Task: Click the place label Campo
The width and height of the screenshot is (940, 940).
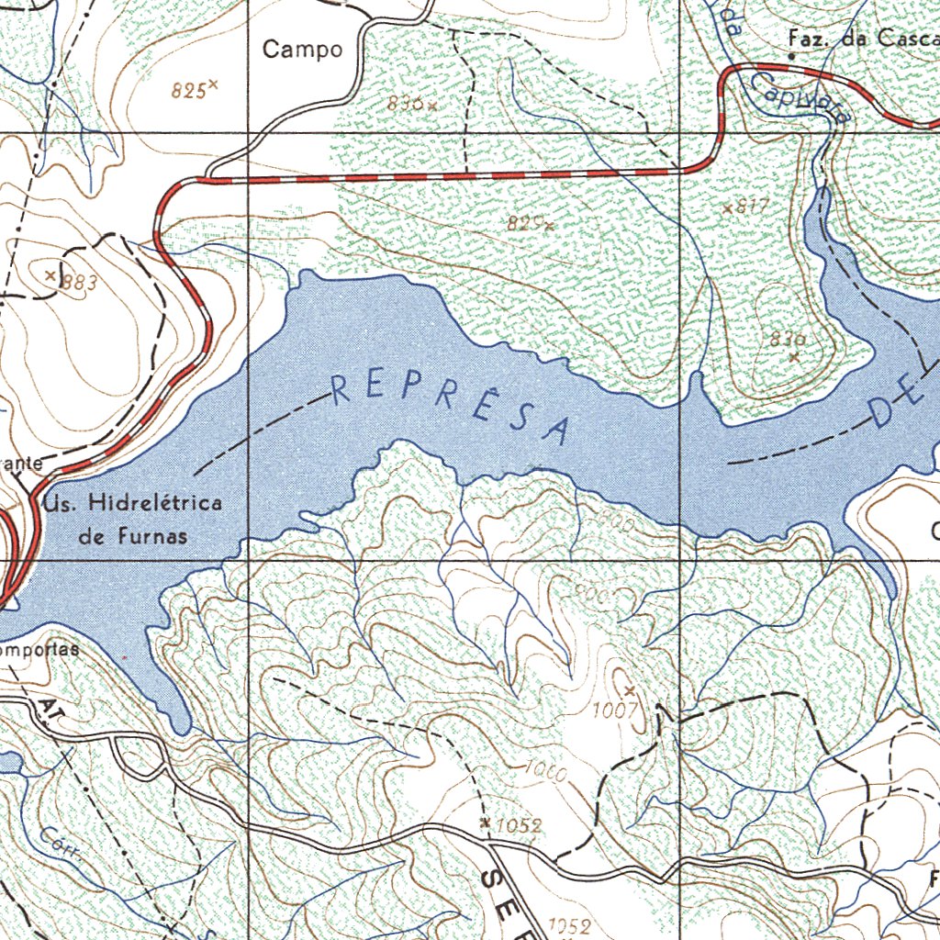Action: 303,50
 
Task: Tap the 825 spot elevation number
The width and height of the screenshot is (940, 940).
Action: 188,90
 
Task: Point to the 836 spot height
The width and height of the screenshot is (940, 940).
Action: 405,104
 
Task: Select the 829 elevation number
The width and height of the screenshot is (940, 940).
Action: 524,222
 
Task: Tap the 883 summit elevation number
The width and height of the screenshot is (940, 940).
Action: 79,283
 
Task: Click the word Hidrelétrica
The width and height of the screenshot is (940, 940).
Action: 155,504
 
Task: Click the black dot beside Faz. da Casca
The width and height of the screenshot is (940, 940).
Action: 792,56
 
